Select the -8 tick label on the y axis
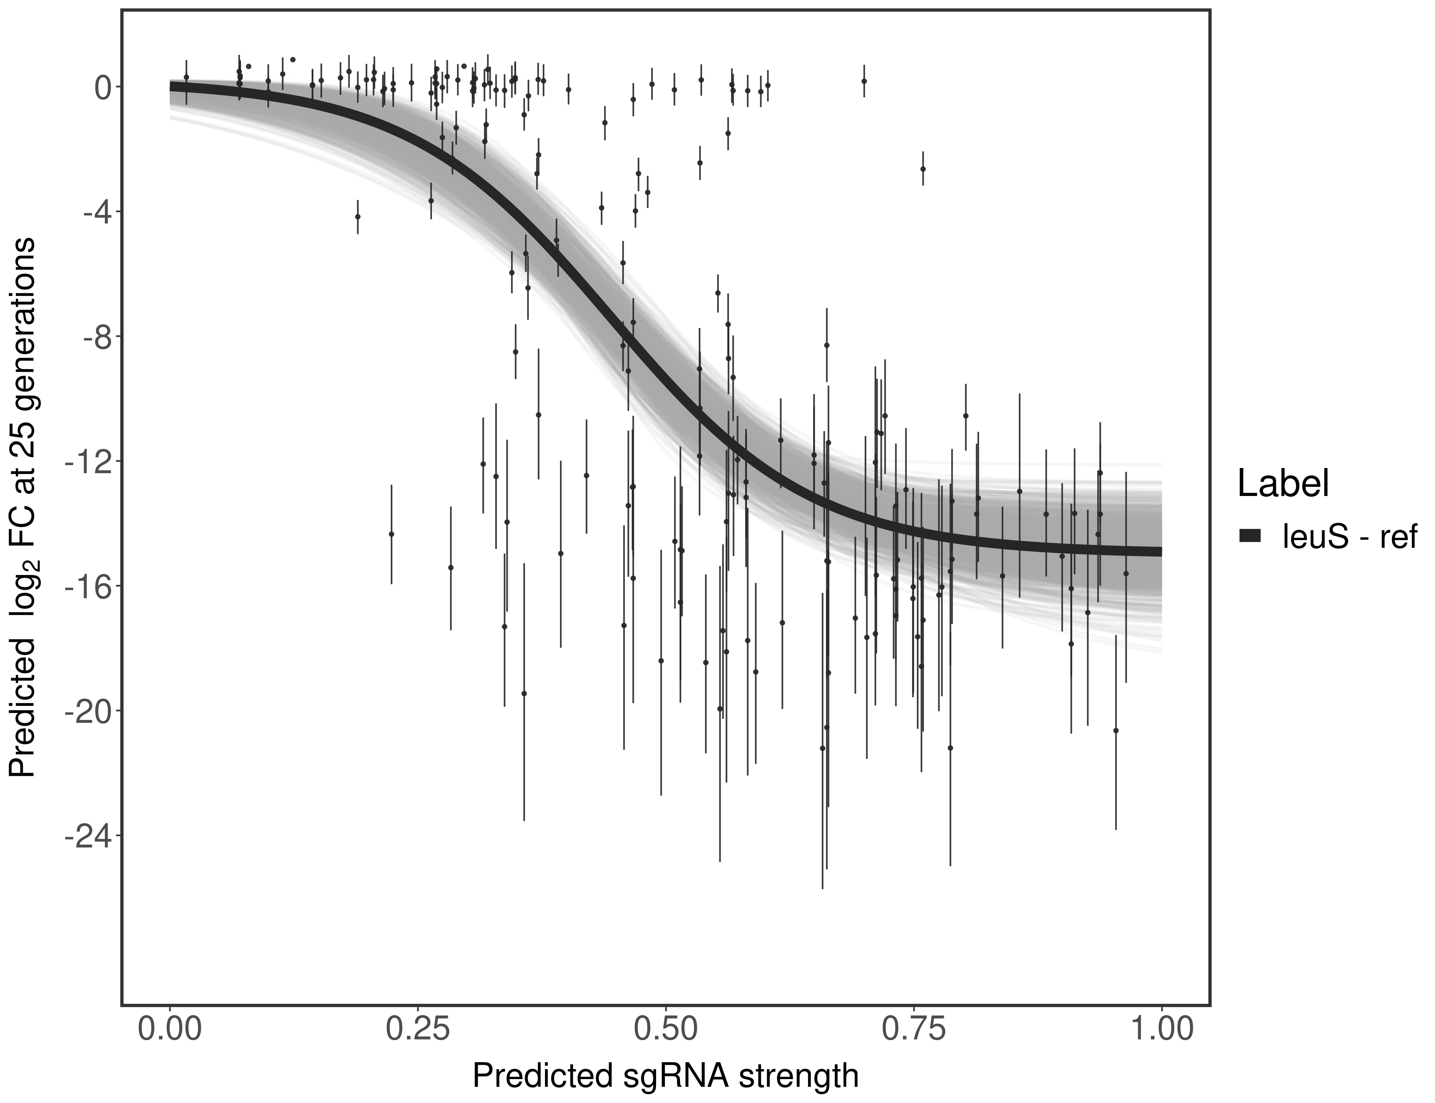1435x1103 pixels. tap(95, 337)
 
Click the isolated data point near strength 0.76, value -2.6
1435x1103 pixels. tap(922, 169)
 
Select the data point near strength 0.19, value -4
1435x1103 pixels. tap(357, 217)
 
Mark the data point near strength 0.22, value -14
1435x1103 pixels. tap(391, 534)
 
